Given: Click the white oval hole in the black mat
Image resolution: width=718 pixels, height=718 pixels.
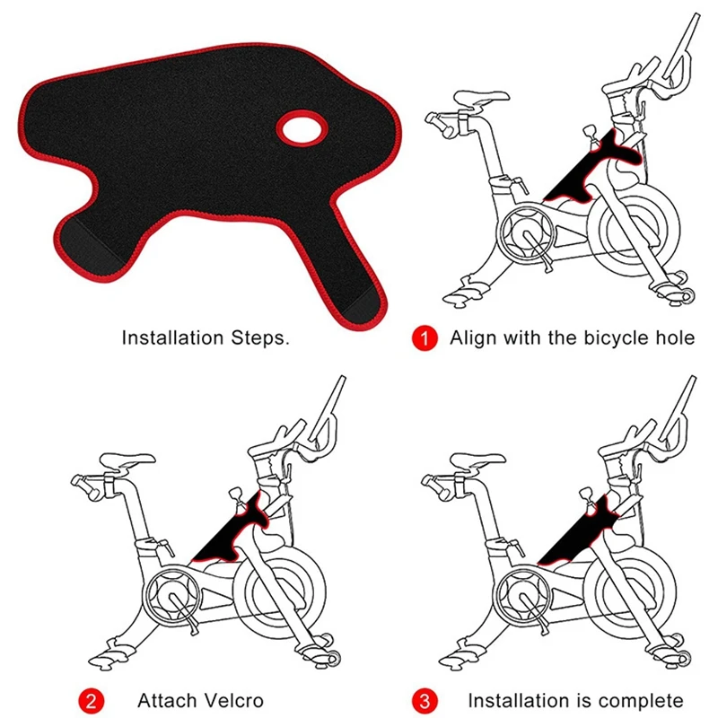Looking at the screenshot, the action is tap(302, 128).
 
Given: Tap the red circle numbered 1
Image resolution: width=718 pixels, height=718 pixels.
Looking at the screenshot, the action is tap(425, 338).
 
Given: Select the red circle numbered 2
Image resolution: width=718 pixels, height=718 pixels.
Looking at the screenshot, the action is tap(92, 701).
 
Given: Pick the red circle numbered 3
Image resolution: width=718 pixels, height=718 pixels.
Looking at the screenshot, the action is tap(425, 701).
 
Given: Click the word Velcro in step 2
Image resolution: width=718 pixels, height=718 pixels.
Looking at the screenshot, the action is tap(234, 701).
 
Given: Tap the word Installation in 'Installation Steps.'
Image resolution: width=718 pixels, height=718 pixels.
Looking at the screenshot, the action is tap(172, 338).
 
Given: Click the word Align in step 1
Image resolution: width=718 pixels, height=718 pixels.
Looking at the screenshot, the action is tap(474, 338).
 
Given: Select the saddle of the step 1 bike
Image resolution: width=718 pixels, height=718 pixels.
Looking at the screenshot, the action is tap(480, 99).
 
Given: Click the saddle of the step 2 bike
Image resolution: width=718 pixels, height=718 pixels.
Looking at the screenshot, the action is tap(127, 461).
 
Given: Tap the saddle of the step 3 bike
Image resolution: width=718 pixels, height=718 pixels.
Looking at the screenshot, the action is tap(477, 461).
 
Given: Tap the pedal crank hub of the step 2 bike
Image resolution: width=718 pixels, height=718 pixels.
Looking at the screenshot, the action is tap(172, 594).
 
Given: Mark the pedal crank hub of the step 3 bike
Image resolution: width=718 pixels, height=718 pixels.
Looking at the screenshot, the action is tap(523, 594).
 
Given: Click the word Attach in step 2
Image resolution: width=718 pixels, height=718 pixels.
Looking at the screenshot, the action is tap(167, 701).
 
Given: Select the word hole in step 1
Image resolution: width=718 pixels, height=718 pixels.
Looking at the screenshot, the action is tap(676, 338).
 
